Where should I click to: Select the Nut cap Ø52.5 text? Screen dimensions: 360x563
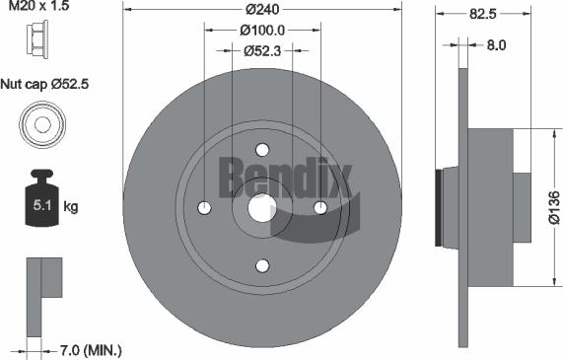coord(46,85)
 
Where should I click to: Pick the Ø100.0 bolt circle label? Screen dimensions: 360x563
coord(262,29)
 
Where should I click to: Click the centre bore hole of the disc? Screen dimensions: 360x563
coord(262,208)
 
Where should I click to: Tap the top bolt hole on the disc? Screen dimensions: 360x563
coord(262,150)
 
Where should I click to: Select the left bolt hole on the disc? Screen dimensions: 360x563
coord(204,208)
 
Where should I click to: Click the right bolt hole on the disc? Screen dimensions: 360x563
coord(320,208)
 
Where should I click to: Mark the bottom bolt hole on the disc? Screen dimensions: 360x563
coord(262,266)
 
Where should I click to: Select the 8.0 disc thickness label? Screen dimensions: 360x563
coord(496,44)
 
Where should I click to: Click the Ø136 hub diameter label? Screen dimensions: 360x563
coord(553,207)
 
